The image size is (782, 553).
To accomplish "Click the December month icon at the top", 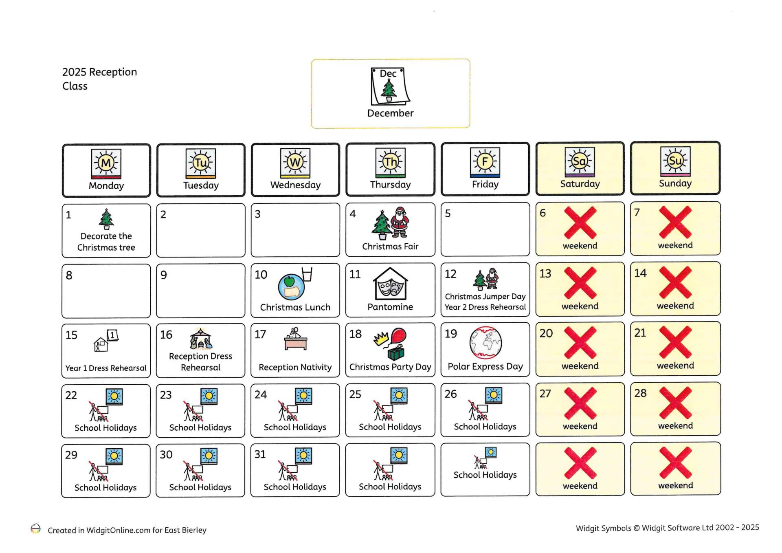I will tap(390, 86).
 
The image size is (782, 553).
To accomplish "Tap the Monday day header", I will tap(106, 170).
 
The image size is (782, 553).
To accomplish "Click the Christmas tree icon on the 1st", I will tap(106, 219).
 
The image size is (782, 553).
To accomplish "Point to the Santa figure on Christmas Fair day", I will tap(400, 222).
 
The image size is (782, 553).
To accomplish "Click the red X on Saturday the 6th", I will tap(580, 223).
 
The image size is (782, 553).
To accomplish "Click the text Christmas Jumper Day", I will tap(485, 296).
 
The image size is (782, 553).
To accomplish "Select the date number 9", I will tap(164, 275).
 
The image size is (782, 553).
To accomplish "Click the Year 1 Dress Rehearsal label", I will tap(106, 368).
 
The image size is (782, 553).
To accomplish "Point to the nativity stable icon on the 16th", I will tap(201, 339).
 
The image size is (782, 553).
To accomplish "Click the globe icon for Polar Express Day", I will tap(485, 342).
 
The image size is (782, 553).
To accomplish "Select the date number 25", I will tap(355, 394).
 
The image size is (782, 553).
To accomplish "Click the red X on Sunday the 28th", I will tap(675, 403).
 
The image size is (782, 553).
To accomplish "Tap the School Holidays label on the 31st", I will tap(295, 487).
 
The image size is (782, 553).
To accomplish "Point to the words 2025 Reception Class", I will tap(99, 79).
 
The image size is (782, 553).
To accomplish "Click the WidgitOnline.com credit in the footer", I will tap(127, 530).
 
